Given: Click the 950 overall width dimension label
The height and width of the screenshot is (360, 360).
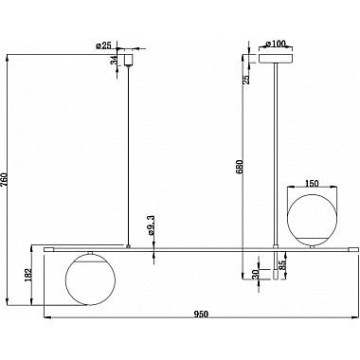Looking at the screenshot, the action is pyautogui.click(x=201, y=315).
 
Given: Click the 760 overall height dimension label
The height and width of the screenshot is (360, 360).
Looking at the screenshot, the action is pyautogui.click(x=4, y=180).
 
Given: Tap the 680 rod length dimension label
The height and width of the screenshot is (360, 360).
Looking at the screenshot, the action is pyautogui.click(x=239, y=168).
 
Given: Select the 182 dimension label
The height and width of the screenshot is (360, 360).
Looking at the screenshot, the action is pyautogui.click(x=28, y=275).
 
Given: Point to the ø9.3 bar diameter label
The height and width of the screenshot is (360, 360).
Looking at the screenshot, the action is pyautogui.click(x=151, y=226).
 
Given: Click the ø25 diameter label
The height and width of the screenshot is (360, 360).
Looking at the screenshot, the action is pyautogui.click(x=104, y=45).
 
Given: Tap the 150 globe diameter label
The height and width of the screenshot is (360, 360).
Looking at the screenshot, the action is pyautogui.click(x=312, y=183).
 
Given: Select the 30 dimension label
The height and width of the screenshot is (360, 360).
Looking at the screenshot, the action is pyautogui.click(x=256, y=274).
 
